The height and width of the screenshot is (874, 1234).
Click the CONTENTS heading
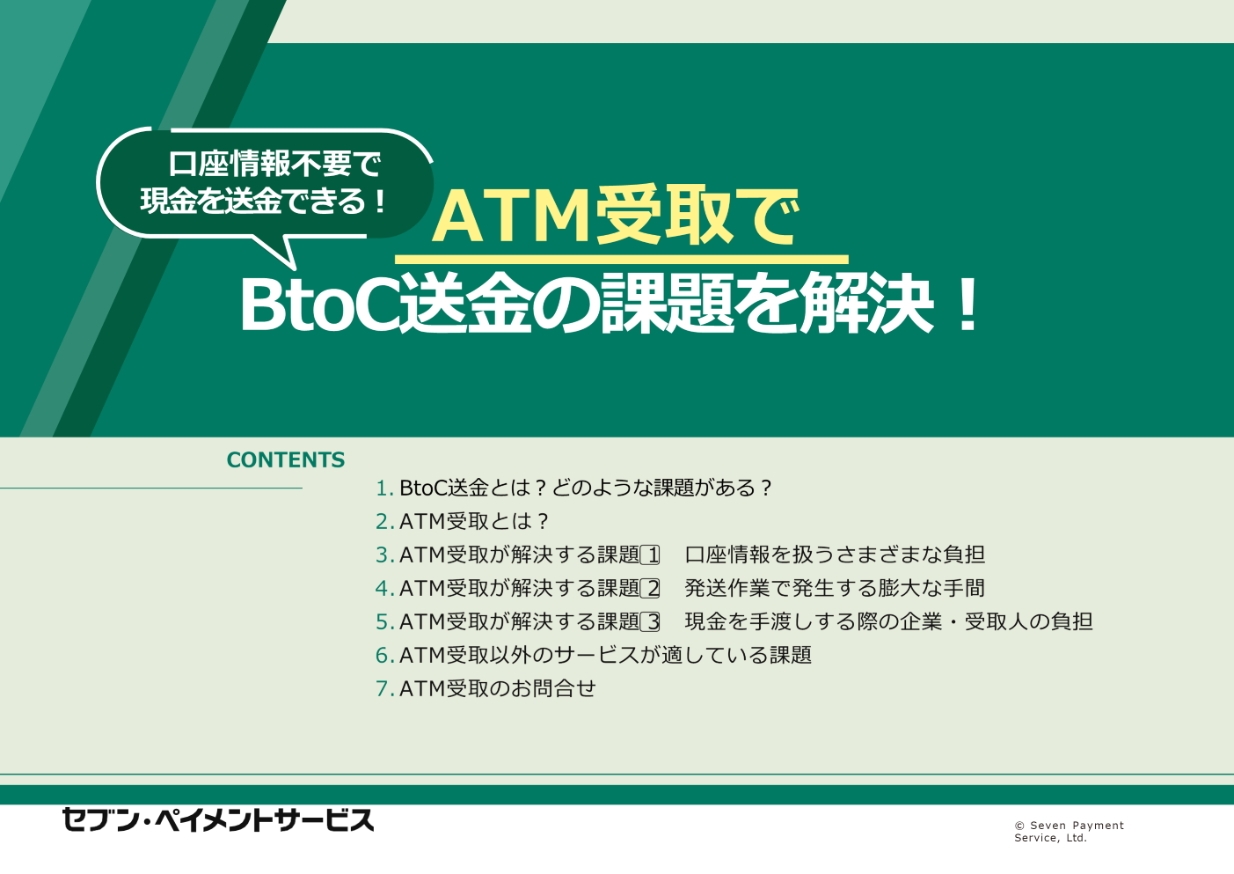click(x=285, y=459)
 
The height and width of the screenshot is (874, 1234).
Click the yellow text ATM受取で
click(x=614, y=217)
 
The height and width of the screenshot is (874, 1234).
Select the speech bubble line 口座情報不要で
click(x=274, y=164)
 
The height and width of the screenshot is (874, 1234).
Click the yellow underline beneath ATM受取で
click(x=622, y=259)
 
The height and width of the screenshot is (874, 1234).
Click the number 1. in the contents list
click(x=384, y=488)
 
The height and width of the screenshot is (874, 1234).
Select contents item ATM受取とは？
click(x=474, y=522)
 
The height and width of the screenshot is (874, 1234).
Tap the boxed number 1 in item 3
click(x=650, y=555)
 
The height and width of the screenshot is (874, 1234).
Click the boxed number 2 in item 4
click(x=650, y=588)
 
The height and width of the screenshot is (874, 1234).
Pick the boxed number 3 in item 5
click(x=650, y=622)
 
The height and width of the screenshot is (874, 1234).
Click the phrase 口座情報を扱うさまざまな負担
click(x=835, y=555)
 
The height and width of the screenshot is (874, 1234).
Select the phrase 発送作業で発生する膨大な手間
click(x=835, y=588)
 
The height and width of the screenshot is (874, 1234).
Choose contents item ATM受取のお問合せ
click(x=498, y=688)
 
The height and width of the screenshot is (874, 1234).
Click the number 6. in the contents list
click(x=384, y=656)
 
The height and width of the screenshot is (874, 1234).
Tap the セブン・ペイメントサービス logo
click(x=218, y=820)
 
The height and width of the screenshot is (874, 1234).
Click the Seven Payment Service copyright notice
click(x=1069, y=832)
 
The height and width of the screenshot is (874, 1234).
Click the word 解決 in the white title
click(x=866, y=305)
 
